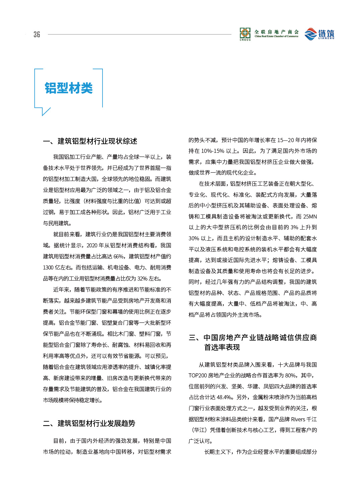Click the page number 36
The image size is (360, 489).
coord(37,35)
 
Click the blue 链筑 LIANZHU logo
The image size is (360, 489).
coord(319,34)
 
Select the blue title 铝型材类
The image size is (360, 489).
coord(69,88)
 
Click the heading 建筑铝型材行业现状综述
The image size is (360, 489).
coord(97,141)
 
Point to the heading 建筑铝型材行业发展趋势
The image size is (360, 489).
coord(96,423)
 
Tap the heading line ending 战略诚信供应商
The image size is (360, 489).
coord(260,338)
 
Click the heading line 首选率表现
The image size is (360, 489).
coord(222,347)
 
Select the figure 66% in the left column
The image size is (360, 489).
coord(119,256)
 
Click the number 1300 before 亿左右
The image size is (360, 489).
coord(48,267)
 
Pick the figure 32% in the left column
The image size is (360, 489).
coord(142,279)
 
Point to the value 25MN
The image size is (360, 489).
coord(310,217)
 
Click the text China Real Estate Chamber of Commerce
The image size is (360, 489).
coord(276,36)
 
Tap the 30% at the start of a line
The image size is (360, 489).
coord(194,238)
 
